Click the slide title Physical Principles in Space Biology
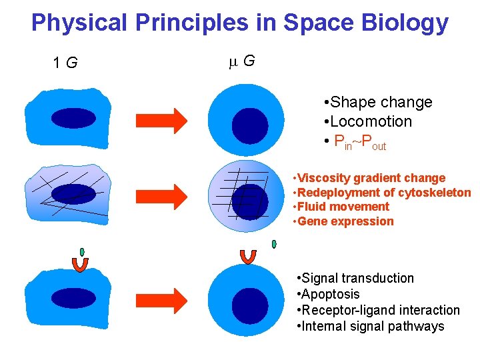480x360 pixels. click(239, 23)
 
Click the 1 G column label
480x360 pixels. click(65, 63)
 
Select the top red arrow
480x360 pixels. click(161, 120)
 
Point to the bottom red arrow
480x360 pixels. click(161, 296)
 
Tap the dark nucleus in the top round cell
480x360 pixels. click(250, 126)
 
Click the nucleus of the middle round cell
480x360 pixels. click(250, 202)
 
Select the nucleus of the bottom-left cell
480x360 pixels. click(65, 297)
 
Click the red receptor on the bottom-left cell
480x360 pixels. click(80, 265)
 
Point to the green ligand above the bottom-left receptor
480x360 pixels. click(82, 252)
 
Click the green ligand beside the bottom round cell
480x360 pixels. click(273, 244)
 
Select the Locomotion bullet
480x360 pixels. click(370, 121)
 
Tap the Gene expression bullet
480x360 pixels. click(345, 221)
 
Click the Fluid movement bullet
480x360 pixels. click(343, 207)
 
